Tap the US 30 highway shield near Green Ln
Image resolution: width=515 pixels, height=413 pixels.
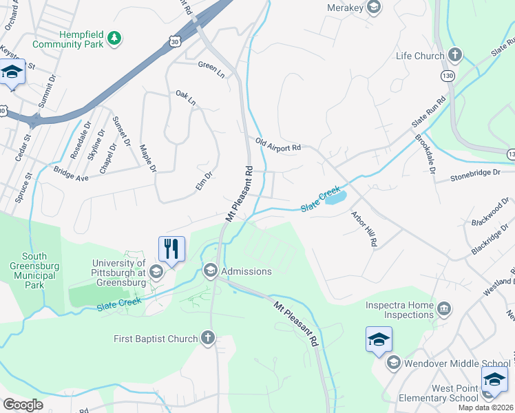coord(176,42)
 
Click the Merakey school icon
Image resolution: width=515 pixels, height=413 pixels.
coord(374,8)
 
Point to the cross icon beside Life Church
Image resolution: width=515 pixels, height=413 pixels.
coord(454,54)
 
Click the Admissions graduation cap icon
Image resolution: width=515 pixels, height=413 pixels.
coord(211,271)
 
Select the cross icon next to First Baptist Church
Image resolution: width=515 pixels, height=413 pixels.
coord(208,338)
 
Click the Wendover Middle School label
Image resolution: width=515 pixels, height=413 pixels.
coord(457,363)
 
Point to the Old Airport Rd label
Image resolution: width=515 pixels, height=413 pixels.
coord(278,146)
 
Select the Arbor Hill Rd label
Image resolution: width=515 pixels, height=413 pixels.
coord(364,229)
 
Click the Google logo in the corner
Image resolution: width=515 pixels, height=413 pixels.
coord(23,404)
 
